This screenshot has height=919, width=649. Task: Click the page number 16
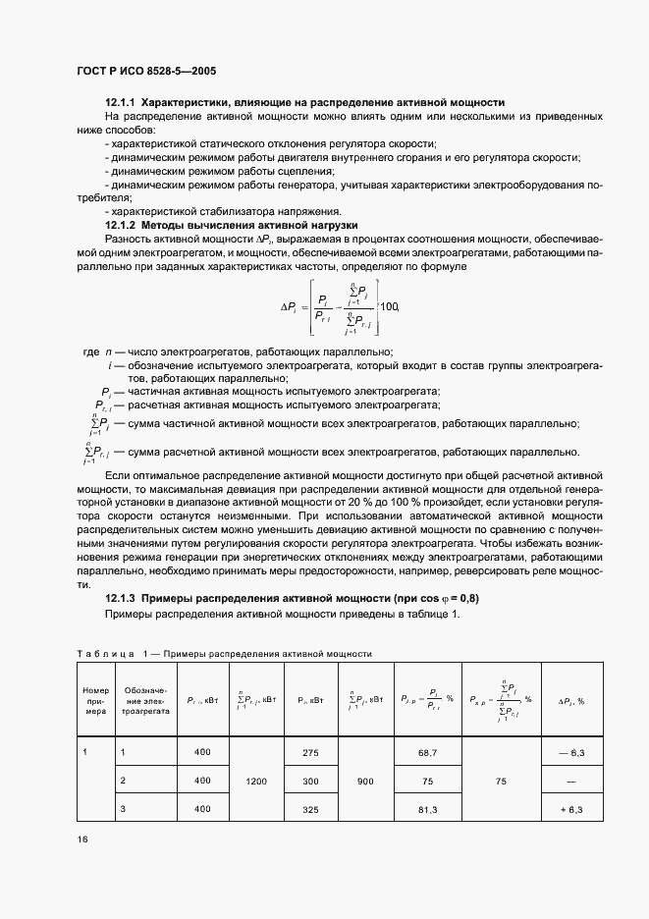(81, 840)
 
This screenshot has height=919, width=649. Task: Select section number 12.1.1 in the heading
(121, 102)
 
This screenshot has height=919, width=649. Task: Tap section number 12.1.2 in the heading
(121, 225)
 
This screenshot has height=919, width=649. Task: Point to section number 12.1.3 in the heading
(121, 599)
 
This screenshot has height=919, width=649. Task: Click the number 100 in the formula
(389, 307)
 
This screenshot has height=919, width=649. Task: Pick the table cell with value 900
(365, 781)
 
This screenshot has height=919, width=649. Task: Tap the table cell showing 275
(310, 752)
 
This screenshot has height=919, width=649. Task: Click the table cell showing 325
(310, 809)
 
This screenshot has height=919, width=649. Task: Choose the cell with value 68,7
(427, 752)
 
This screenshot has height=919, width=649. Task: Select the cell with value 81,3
(427, 809)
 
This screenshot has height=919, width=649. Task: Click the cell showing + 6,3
(571, 809)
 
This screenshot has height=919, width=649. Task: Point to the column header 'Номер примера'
(95, 700)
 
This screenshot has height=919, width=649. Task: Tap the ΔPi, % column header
(571, 701)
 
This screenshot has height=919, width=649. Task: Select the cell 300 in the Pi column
(310, 781)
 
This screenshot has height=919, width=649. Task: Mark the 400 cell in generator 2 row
(202, 781)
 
